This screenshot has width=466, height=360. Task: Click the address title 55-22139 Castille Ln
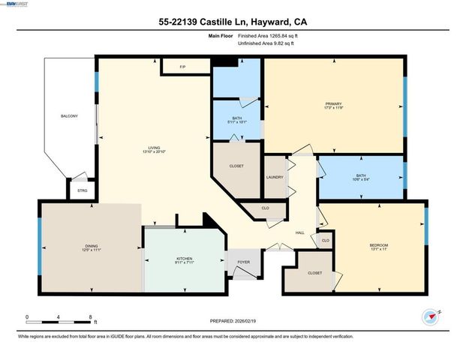(x=233, y=22)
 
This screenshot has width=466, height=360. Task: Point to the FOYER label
(x=244, y=262)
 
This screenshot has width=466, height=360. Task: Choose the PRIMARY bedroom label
(x=333, y=104)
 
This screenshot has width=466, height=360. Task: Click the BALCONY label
(x=69, y=116)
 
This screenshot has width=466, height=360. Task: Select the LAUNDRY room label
(x=275, y=177)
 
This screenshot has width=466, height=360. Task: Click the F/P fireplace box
(x=182, y=67)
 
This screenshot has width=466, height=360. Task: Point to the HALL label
(x=299, y=232)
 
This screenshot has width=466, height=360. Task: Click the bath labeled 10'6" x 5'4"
(x=361, y=177)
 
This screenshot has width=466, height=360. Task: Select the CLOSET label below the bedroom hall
(x=315, y=272)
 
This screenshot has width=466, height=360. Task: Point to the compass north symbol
(x=429, y=317)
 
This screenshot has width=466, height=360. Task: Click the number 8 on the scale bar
(x=91, y=317)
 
